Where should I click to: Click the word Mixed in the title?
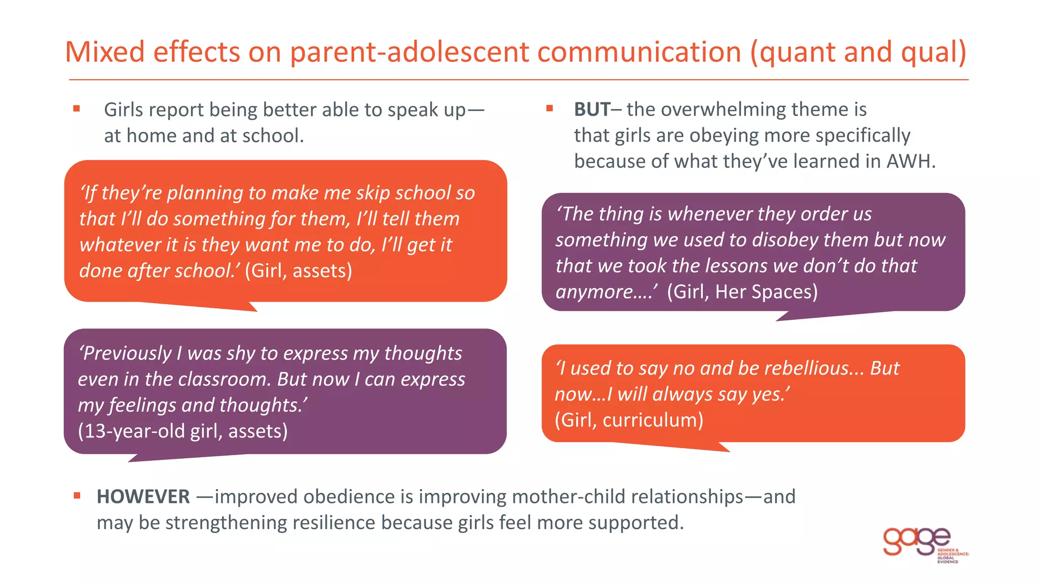[x=105, y=52]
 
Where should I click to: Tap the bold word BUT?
[x=591, y=109]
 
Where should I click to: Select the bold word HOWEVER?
[x=143, y=497]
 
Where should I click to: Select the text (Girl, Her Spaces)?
[x=742, y=293]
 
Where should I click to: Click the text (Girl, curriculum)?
[x=629, y=420]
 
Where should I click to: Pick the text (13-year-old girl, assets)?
[x=183, y=431]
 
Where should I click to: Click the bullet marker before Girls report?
[x=77, y=108]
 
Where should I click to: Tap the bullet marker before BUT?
[x=549, y=108]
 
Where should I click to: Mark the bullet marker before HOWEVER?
[x=77, y=496]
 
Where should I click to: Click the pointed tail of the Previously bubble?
[x=134, y=459]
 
